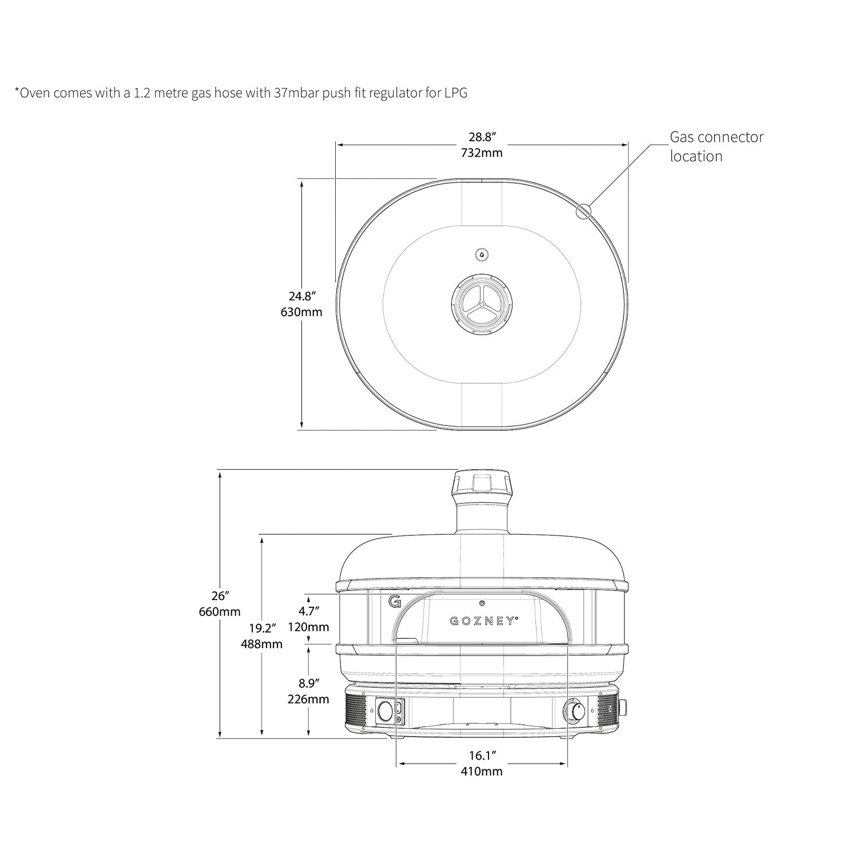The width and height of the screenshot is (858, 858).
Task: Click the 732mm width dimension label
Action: (x=482, y=153)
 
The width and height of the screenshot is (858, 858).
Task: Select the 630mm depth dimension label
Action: (x=301, y=312)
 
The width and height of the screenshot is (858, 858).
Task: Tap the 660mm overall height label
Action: (x=220, y=611)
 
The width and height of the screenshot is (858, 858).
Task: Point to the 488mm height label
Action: (x=261, y=643)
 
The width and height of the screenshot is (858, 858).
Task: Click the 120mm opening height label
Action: (x=308, y=626)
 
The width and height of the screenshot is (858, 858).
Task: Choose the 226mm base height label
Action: (x=308, y=699)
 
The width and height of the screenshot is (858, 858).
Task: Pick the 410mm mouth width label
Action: (x=482, y=771)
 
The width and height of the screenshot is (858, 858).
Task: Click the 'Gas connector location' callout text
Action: (x=716, y=146)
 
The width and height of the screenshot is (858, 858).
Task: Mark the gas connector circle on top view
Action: (x=583, y=211)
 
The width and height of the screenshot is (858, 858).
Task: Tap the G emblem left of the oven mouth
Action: (x=394, y=602)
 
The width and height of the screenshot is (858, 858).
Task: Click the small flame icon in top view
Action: (x=482, y=255)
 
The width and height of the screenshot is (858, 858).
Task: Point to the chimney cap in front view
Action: (x=482, y=483)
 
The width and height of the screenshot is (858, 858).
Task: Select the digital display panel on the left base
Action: (x=389, y=712)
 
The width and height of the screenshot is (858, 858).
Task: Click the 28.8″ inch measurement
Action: (x=482, y=137)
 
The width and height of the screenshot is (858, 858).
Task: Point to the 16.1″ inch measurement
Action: (x=482, y=756)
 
